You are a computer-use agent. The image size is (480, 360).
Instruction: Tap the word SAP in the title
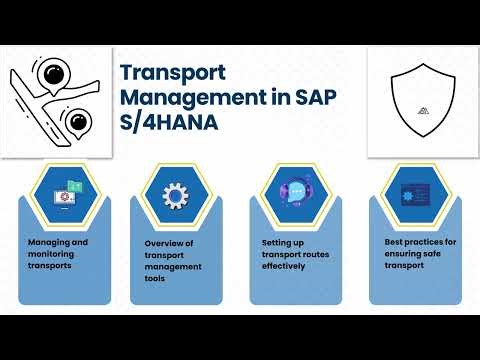click(x=309, y=98)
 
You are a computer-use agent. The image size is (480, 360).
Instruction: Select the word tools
click(x=158, y=279)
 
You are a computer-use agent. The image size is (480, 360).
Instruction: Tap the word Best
click(x=394, y=242)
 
